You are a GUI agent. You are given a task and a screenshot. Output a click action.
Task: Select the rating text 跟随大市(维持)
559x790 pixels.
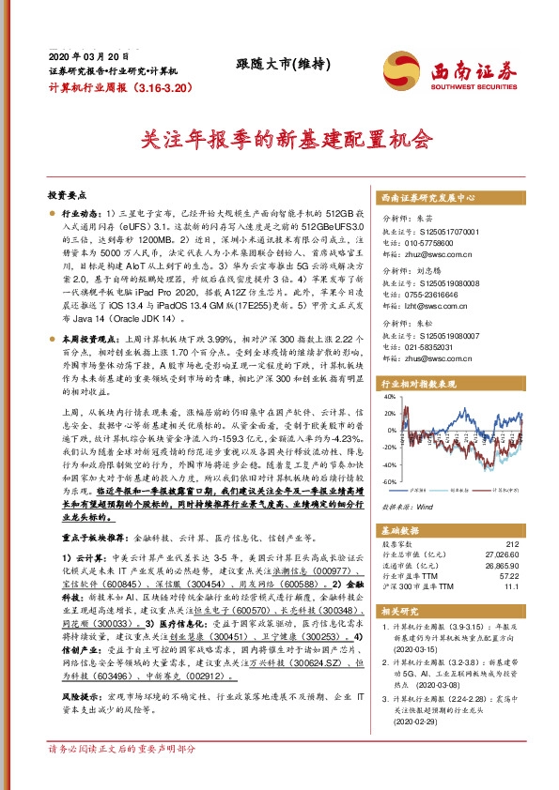(x=279, y=64)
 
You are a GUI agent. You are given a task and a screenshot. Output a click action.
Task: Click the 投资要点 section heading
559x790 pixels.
(x=67, y=194)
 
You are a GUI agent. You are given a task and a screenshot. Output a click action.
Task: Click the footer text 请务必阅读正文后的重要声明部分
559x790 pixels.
(x=122, y=776)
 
